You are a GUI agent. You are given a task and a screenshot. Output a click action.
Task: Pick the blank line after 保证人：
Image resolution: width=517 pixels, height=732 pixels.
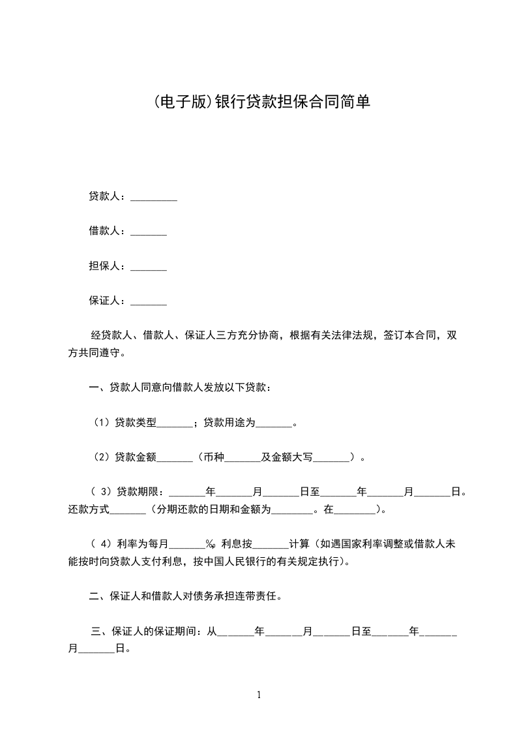pyautogui.click(x=149, y=303)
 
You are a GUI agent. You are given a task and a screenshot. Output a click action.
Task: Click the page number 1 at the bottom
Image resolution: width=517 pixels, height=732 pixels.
pyautogui.click(x=259, y=695)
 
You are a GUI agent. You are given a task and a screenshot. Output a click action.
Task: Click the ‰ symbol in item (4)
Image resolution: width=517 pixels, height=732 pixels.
pyautogui.click(x=211, y=544)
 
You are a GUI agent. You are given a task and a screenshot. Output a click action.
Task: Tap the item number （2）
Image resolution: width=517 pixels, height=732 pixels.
pyautogui.click(x=102, y=457)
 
